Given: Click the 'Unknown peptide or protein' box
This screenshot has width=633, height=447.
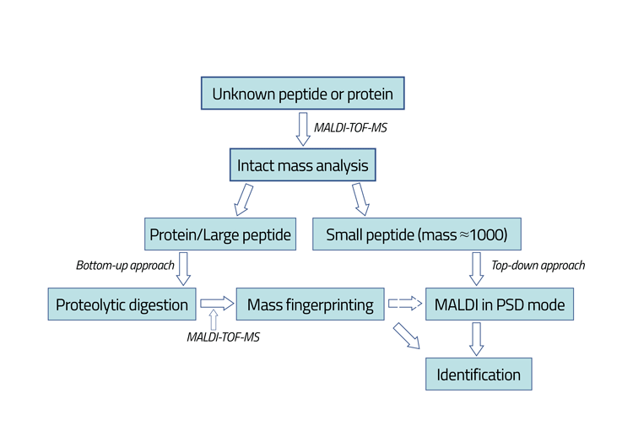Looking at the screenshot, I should (x=302, y=94).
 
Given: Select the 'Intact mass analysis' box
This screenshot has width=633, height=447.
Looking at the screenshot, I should (x=302, y=165).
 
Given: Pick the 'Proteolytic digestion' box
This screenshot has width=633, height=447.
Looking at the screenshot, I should (x=122, y=304).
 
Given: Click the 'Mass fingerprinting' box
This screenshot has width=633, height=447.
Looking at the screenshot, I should (x=310, y=304).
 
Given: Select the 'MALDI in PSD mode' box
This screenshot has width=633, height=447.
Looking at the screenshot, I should (x=500, y=304).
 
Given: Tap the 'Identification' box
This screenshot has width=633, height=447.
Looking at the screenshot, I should (x=479, y=374).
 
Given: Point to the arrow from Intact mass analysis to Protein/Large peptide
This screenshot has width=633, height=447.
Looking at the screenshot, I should (x=246, y=200).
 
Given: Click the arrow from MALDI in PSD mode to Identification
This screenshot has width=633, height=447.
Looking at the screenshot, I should (x=476, y=339).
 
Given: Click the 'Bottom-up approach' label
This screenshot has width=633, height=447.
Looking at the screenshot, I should (x=125, y=265).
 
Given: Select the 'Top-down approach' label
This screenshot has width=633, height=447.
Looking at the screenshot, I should (x=538, y=265).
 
